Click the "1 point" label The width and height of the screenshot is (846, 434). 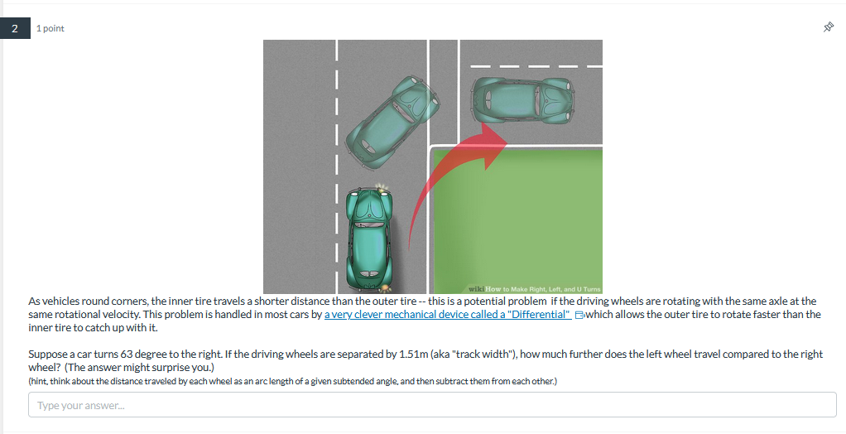tap(50, 29)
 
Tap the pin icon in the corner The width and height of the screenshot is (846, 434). tap(828, 28)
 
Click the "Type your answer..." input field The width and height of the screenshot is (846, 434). tap(432, 405)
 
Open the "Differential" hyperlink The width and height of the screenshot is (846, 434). tap(448, 315)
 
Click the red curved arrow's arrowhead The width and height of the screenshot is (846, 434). tap(495, 132)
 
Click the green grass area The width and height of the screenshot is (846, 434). tap(530, 215)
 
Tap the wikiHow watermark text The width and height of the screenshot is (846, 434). tap(534, 287)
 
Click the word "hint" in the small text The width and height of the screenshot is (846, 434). tap(40, 381)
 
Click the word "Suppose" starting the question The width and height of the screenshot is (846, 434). tap(47, 354)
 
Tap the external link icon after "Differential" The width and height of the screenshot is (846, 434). tap(580, 316)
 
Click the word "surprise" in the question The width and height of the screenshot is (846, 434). tap(171, 367)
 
